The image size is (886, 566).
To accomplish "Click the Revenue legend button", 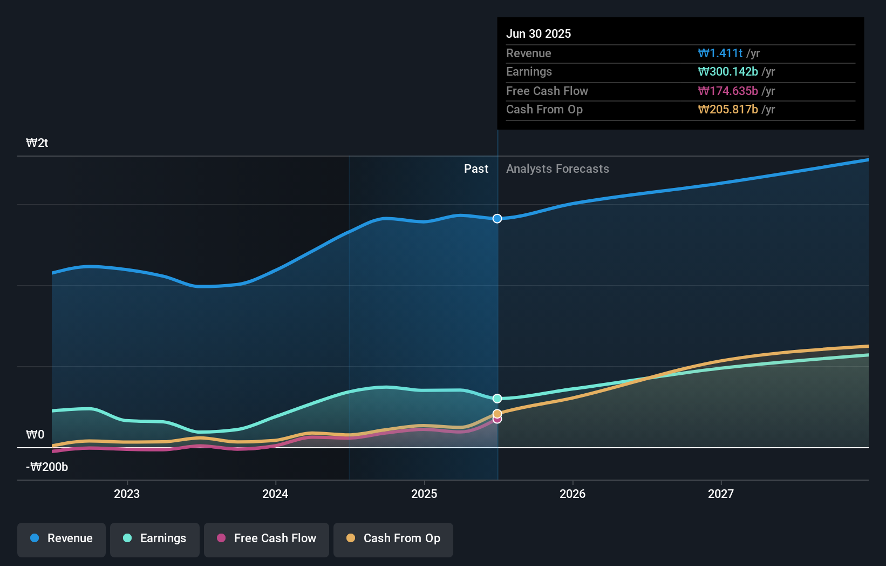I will [x=62, y=538].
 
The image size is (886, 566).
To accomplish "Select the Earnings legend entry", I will [x=155, y=538].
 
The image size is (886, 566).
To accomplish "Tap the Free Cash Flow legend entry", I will [x=267, y=538].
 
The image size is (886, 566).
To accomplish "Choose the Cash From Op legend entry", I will [x=393, y=538].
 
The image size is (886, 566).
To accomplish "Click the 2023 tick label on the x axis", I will [x=127, y=494].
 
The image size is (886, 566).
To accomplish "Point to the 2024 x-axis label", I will [x=275, y=494].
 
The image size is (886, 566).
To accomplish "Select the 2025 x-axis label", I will [x=424, y=494].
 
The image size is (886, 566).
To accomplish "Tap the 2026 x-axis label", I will [x=573, y=494].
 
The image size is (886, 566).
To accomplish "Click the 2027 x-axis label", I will [x=721, y=494].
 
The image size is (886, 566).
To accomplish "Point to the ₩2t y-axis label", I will [x=37, y=143].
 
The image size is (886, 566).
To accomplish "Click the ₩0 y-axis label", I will [x=35, y=435].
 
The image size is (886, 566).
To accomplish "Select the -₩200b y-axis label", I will [x=47, y=467].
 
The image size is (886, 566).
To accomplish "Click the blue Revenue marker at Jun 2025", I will [x=497, y=219].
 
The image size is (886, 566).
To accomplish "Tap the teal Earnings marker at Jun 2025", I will [x=497, y=399].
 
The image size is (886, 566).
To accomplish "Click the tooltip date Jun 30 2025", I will [x=539, y=34].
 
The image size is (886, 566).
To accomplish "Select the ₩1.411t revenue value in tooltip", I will [x=720, y=53].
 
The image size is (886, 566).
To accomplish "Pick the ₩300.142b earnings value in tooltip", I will [x=728, y=72].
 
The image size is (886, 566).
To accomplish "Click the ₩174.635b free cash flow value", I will [x=728, y=91].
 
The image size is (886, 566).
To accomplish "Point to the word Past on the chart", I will [x=476, y=169].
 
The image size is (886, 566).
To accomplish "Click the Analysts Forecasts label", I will [x=557, y=169].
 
